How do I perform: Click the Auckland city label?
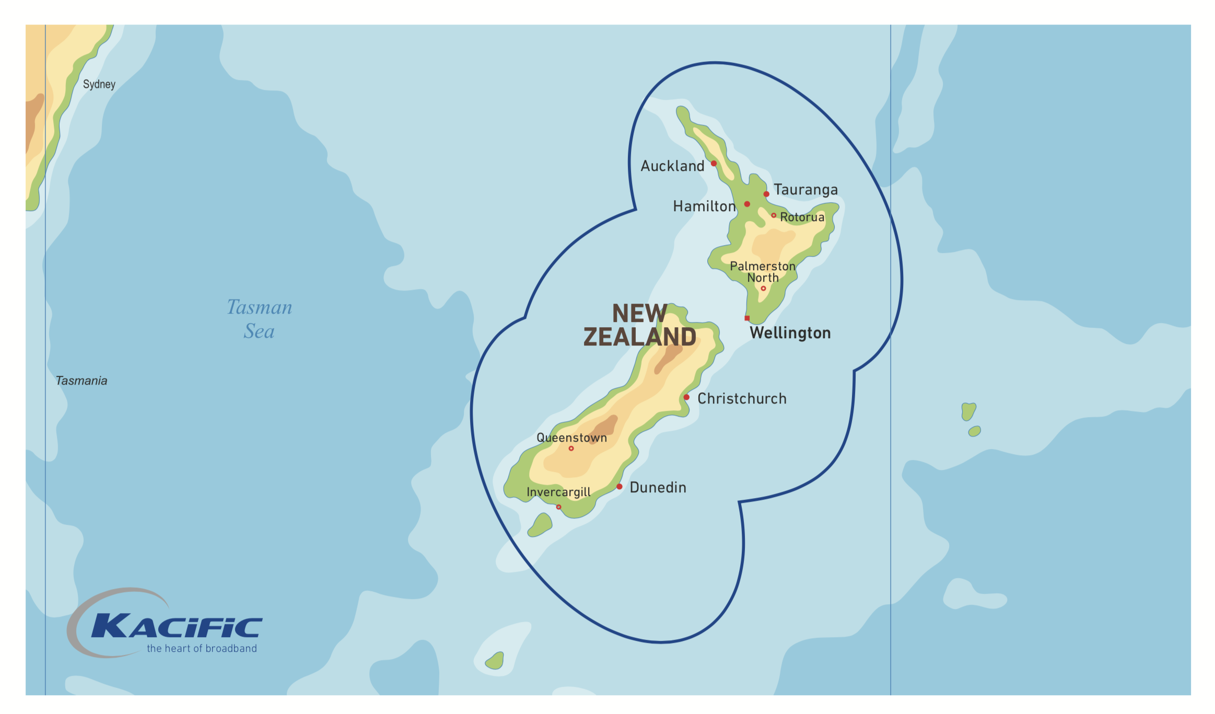[x=672, y=166]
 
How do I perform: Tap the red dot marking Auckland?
[x=714, y=164]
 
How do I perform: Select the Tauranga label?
[x=805, y=190]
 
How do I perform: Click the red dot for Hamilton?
[x=747, y=204]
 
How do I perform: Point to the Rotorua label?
[x=802, y=217]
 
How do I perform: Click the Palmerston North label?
[x=763, y=272]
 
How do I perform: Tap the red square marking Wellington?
[x=747, y=318]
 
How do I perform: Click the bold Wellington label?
[x=790, y=333]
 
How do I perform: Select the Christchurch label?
[x=742, y=399]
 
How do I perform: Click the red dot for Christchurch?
[x=686, y=397]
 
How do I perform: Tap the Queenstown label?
[x=571, y=437]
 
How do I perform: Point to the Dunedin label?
[x=658, y=488]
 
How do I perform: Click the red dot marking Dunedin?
[x=619, y=487]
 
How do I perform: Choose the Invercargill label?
[x=558, y=492]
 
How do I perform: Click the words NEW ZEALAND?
[x=639, y=325]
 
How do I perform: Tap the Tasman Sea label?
[x=259, y=319]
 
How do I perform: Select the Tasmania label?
[x=81, y=381]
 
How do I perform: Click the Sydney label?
[x=99, y=84]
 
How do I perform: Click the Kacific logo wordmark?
[x=177, y=626]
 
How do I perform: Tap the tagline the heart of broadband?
[x=202, y=649]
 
